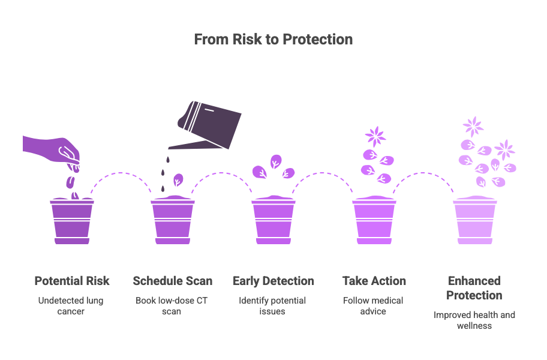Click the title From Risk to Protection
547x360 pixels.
click(273, 40)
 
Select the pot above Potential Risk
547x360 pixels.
click(72, 220)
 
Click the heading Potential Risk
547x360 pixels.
click(72, 281)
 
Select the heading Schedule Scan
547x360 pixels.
click(173, 281)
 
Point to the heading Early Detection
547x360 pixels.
click(273, 281)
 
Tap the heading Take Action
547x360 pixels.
click(374, 281)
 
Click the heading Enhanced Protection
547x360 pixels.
click(474, 288)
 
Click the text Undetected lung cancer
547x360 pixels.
click(71, 306)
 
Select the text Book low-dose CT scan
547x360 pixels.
click(172, 306)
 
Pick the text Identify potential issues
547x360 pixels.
click(272, 306)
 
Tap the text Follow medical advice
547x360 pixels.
click(373, 306)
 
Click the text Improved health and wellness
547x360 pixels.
click(474, 320)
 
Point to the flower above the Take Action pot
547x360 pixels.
click(375, 136)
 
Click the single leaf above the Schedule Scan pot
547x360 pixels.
click(178, 179)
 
